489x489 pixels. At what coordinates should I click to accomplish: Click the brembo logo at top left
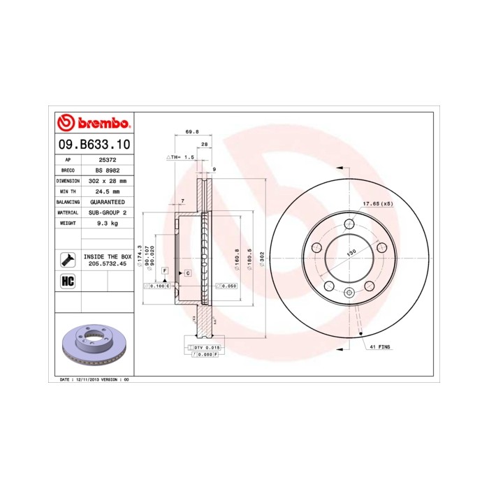coord(93,124)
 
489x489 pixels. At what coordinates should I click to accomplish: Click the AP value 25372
coord(105,159)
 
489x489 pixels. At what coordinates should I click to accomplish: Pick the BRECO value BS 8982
coord(107,170)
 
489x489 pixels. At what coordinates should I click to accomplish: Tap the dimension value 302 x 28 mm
coord(107,180)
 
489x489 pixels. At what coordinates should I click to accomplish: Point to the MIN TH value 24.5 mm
coord(107,191)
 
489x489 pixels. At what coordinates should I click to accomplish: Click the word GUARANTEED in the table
coord(107,201)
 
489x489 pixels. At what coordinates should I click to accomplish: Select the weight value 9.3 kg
coord(107,223)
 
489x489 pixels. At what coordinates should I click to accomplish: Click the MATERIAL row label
coord(68,212)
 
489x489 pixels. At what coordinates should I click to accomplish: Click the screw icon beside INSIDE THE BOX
coord(68,259)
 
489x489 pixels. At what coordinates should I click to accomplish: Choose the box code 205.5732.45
coord(107,265)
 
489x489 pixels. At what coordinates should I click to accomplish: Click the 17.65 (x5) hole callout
coord(377,204)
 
